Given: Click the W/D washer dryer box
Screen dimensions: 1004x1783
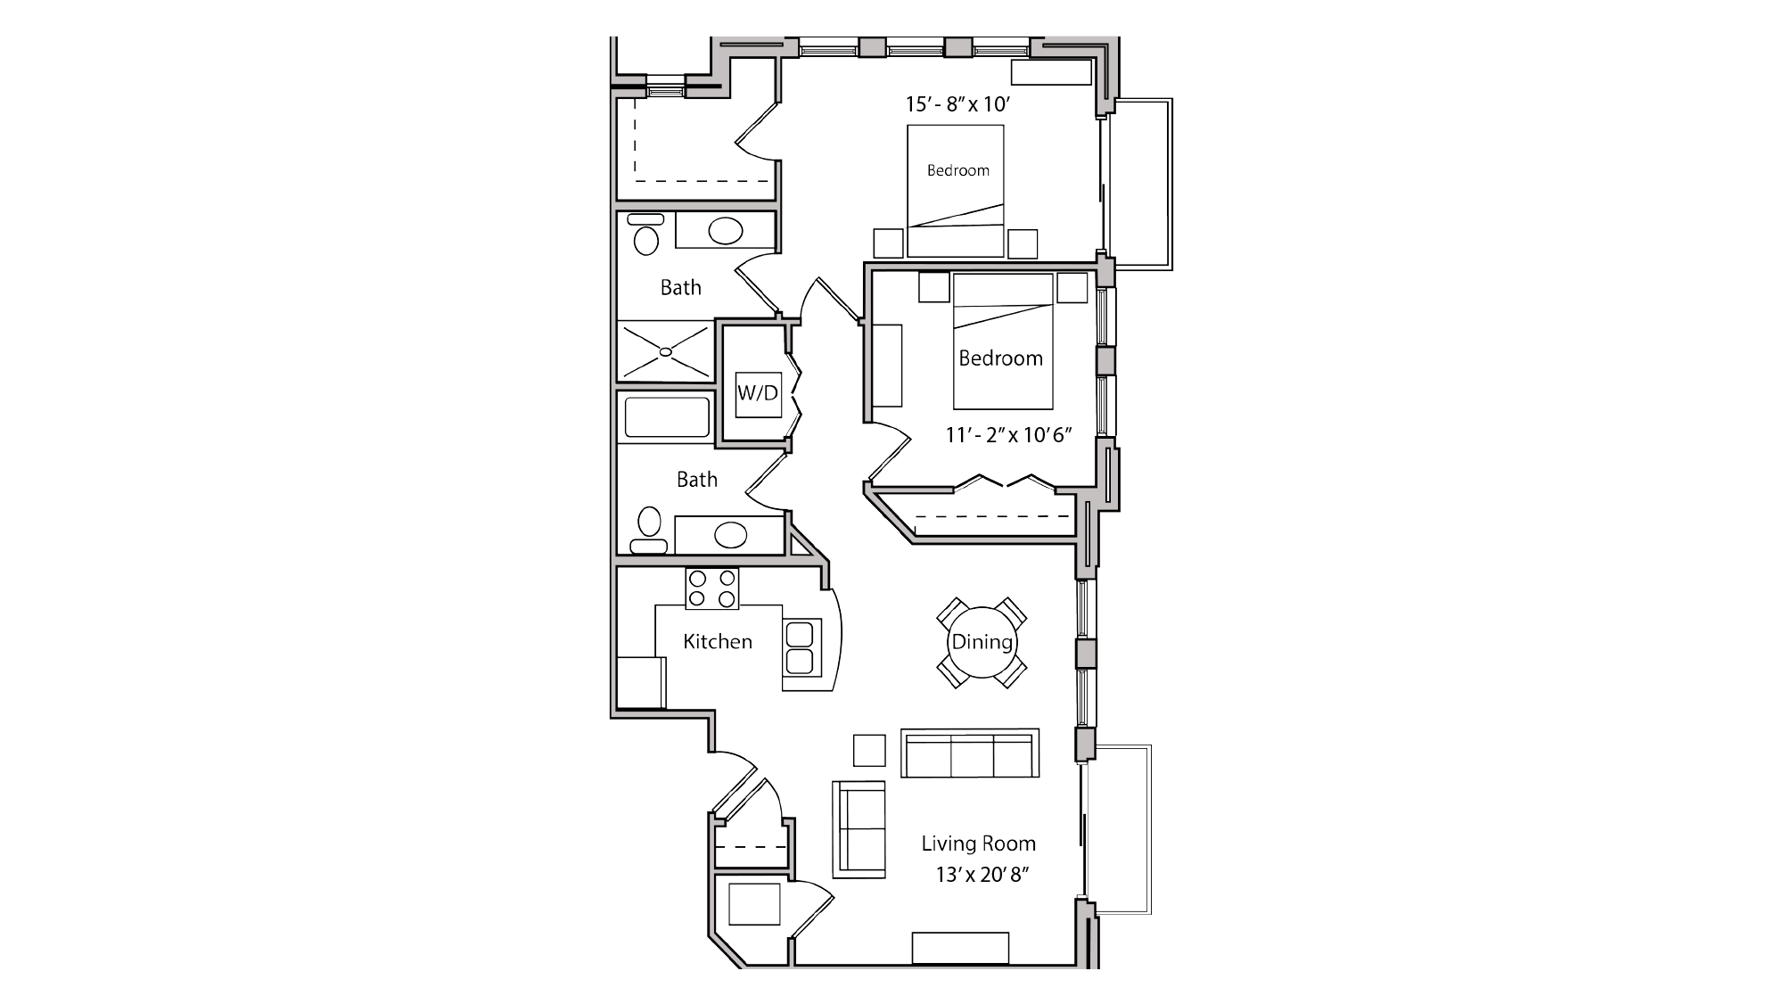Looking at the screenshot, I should (x=758, y=393).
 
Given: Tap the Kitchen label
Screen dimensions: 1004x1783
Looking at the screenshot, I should (x=718, y=641).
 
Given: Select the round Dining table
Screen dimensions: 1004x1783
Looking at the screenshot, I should (x=982, y=642).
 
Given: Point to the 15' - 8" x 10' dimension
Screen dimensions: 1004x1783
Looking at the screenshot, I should (x=957, y=104).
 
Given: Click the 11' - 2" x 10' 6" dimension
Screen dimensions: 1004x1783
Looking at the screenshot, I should (x=1008, y=435).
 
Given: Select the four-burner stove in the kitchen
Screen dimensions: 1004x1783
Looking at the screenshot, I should (x=711, y=588).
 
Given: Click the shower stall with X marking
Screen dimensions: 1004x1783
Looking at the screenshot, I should (x=665, y=350).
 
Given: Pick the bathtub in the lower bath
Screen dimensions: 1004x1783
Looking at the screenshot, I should (x=666, y=417).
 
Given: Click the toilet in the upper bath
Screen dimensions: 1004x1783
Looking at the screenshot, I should (x=645, y=239).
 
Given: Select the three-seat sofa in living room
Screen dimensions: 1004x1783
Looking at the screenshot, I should (x=970, y=754).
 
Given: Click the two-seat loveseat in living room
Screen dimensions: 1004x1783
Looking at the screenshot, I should (x=859, y=829).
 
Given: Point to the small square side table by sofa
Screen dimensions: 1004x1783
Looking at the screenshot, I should (x=869, y=750).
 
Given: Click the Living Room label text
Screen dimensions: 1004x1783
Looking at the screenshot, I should (x=978, y=844).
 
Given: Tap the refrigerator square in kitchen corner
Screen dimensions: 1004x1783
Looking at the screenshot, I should (x=641, y=682).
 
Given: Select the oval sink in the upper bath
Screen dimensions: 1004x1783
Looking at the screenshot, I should (x=725, y=231).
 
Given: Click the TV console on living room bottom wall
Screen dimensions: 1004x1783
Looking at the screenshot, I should (x=960, y=948).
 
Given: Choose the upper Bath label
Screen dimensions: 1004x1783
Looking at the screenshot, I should (x=680, y=287).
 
